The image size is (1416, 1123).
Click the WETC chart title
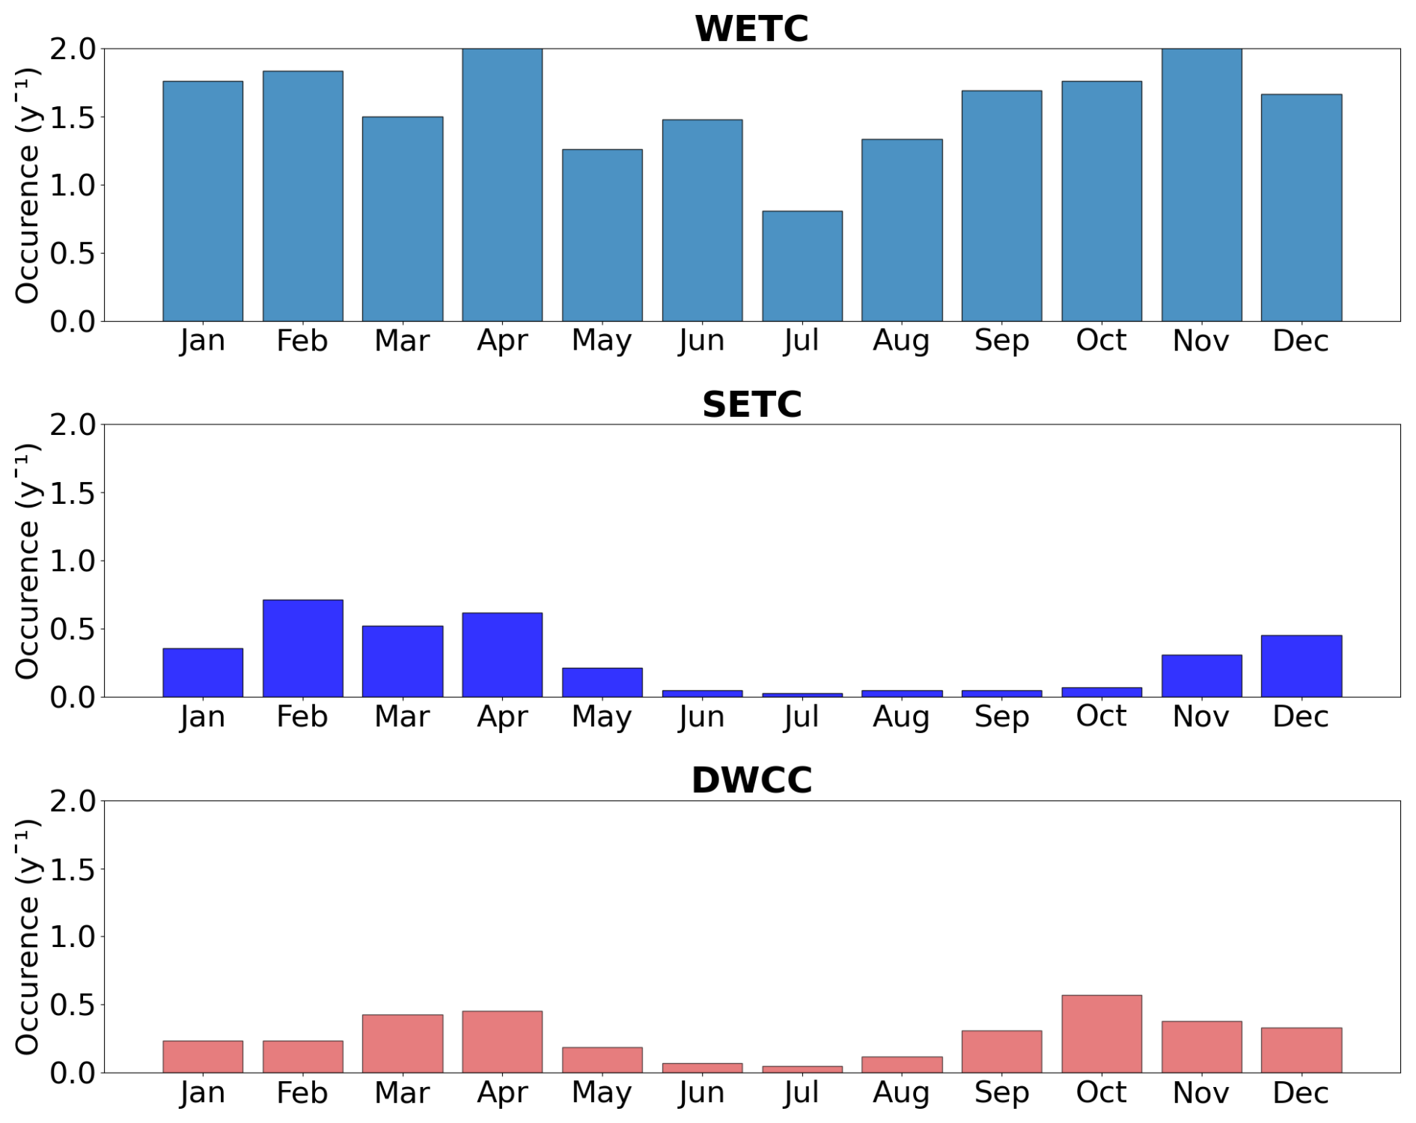click(751, 28)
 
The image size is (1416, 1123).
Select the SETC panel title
click(751, 404)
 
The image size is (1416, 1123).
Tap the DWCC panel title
click(751, 780)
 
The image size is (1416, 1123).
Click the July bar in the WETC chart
click(802, 266)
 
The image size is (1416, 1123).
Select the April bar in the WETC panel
click(502, 185)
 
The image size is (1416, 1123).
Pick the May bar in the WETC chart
click(602, 235)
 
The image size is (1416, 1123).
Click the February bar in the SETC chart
click(302, 648)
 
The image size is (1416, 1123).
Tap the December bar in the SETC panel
click(1301, 666)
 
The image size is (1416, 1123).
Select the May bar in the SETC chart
click(602, 682)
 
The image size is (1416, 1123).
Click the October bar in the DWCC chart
click(1102, 1034)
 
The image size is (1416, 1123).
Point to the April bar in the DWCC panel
click(502, 1041)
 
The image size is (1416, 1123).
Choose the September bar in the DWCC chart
click(1001, 1052)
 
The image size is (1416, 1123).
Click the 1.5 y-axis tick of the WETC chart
click(73, 118)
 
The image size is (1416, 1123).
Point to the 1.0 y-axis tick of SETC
click(73, 561)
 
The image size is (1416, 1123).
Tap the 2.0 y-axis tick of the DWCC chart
click(73, 801)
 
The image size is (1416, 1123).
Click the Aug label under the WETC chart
click(901, 341)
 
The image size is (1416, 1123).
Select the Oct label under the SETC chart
click(1102, 716)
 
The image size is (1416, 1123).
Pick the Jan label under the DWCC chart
click(202, 1093)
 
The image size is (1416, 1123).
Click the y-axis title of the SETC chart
click(27, 561)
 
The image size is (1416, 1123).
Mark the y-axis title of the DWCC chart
click(27, 937)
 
